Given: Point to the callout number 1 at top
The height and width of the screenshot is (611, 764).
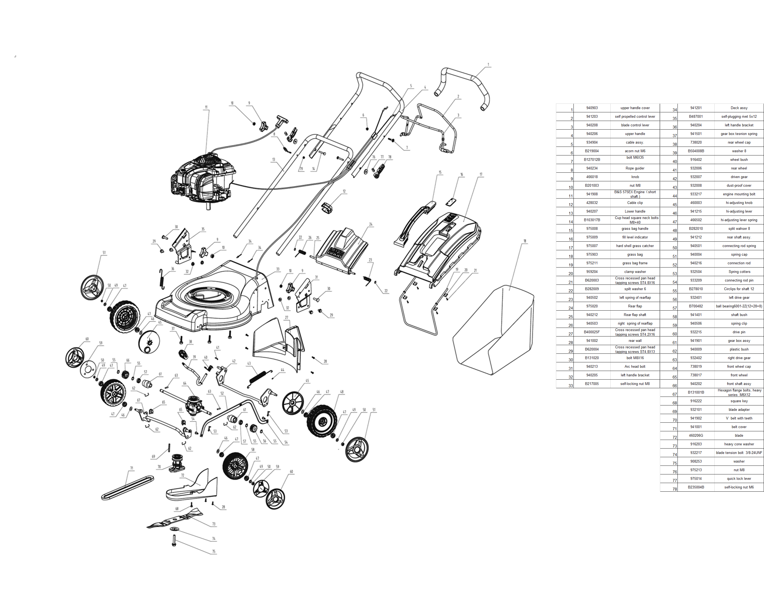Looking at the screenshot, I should (x=488, y=65).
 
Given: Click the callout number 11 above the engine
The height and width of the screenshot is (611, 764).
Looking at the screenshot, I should (x=206, y=107).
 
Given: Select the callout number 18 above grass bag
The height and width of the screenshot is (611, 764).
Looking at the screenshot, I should (x=525, y=241).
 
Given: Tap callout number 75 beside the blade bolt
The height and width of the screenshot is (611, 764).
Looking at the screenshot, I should (x=214, y=551).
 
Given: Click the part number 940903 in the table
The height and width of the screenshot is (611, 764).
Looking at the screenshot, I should (x=592, y=108).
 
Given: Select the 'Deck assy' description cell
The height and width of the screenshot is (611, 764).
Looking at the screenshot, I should (x=739, y=108).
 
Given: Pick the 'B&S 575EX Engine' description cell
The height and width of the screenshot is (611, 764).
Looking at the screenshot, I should (x=635, y=194).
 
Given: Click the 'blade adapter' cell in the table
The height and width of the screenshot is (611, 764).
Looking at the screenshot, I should (x=739, y=409).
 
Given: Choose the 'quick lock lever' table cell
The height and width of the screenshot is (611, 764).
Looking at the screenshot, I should (x=739, y=478).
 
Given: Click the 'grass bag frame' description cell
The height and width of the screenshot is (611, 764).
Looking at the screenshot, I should (x=635, y=263).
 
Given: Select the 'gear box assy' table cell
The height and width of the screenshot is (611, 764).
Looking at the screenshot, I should (x=739, y=341).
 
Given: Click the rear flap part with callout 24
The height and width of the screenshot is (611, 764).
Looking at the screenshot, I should (x=342, y=250).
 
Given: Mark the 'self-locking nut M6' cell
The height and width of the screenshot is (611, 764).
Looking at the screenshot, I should (x=739, y=487).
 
